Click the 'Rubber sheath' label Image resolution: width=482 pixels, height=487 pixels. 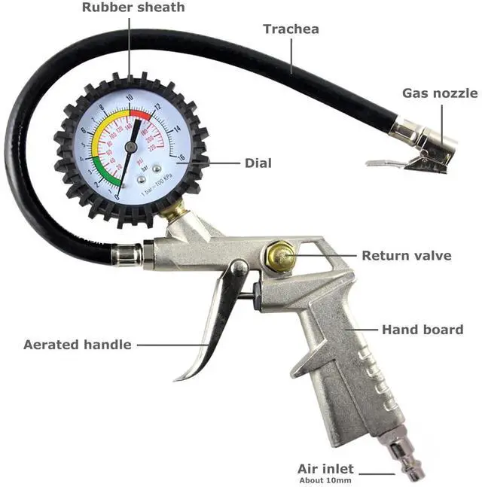[133, 8]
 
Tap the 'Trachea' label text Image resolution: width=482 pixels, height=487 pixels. [291, 29]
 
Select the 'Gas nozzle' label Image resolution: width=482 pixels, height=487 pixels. [439, 93]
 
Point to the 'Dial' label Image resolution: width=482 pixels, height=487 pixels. [258, 163]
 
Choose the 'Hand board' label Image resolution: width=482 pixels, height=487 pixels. [422, 330]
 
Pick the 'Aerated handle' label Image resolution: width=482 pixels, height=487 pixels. [78, 345]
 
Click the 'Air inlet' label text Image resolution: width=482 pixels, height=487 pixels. [325, 468]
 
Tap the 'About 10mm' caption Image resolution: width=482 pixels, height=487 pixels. [325, 479]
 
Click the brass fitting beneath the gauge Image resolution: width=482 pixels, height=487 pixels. [172, 212]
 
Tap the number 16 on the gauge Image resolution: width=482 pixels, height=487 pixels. [182, 157]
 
